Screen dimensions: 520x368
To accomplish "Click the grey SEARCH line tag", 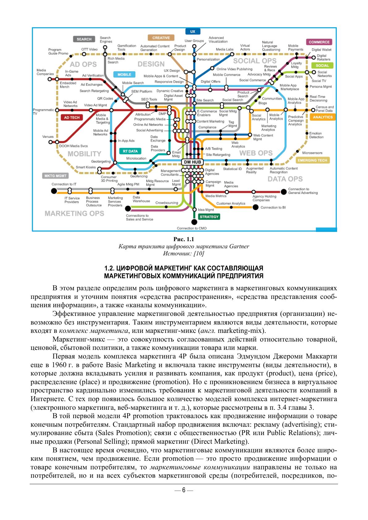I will pyautogui.click(x=84, y=39).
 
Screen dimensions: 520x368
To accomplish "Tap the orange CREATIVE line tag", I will pyautogui.click(x=161, y=38).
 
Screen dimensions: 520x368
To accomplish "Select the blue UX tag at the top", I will pyautogui.click(x=193, y=31).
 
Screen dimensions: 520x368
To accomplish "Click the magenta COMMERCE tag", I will pyautogui.click(x=319, y=42).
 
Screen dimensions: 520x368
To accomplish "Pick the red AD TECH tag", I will pyautogui.click(x=72, y=117).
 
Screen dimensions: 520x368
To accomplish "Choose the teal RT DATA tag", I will pyautogui.click(x=130, y=151).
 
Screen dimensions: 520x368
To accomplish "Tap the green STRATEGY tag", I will pyautogui.click(x=209, y=217).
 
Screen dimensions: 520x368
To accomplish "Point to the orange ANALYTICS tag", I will pyautogui.click(x=323, y=117).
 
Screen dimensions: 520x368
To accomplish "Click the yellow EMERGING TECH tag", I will pyautogui.click(x=312, y=160).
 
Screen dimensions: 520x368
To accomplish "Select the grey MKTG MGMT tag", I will pyautogui.click(x=55, y=176).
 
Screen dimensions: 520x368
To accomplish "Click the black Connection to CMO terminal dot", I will pyautogui.click(x=194, y=222).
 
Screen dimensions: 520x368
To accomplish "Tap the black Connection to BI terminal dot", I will pyautogui.click(x=255, y=207).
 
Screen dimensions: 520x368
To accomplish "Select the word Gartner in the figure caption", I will pyautogui.click(x=239, y=246).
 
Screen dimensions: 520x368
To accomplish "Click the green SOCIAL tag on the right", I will pyautogui.click(x=322, y=65).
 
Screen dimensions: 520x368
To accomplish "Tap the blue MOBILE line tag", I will pyautogui.click(x=124, y=74).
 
